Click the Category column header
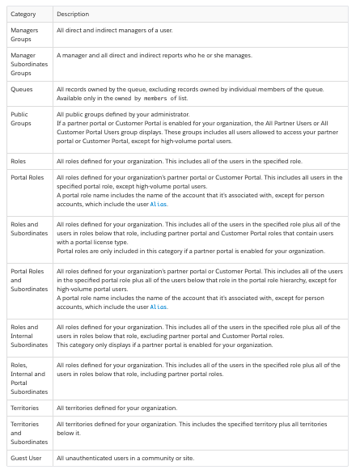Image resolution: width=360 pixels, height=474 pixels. pos(23,15)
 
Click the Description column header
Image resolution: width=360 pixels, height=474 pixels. pos(73,15)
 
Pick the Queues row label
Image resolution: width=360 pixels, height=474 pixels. pos(22,91)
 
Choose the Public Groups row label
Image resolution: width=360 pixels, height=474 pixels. pos(20,119)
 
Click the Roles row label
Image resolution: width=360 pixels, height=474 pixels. pos(19,162)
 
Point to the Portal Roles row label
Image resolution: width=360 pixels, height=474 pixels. pos(28,176)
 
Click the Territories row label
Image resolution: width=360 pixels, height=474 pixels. pos(27,408)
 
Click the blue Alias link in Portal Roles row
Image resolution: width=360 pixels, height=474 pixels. pos(159,205)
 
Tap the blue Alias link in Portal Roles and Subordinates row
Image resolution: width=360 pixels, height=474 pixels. pos(159,307)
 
